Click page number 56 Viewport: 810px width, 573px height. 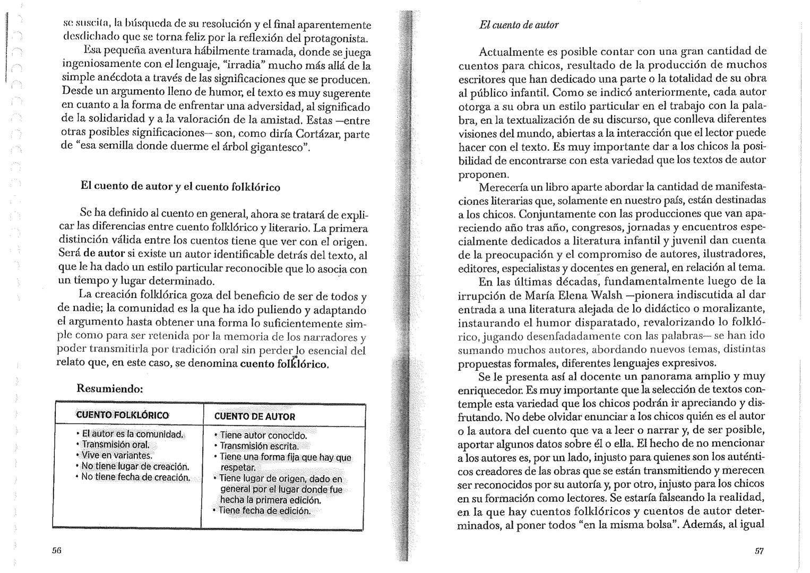point(57,551)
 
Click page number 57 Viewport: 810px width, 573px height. point(759,551)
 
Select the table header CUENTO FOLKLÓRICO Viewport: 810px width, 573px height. point(122,415)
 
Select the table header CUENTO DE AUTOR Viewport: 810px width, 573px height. point(254,416)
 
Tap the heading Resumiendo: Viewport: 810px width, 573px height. point(110,388)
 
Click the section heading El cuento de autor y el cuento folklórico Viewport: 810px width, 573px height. point(180,187)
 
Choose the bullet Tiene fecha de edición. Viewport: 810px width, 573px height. point(264,510)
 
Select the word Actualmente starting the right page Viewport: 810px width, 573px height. point(509,52)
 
